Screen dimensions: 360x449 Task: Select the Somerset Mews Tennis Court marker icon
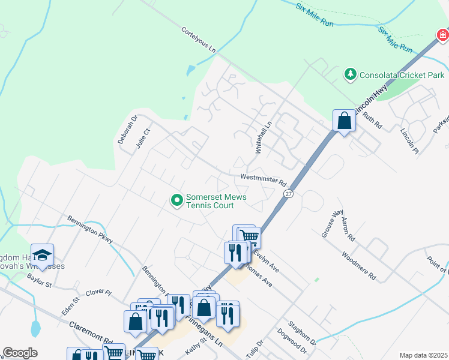(x=177, y=200)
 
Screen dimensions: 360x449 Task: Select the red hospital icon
(x=442, y=37)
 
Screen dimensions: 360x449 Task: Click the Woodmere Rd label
(x=358, y=266)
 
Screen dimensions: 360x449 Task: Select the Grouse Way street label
(x=331, y=223)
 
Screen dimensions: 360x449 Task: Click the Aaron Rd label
(x=348, y=229)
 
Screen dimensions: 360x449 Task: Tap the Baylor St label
(x=40, y=280)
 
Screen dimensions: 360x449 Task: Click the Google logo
(x=20, y=353)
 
